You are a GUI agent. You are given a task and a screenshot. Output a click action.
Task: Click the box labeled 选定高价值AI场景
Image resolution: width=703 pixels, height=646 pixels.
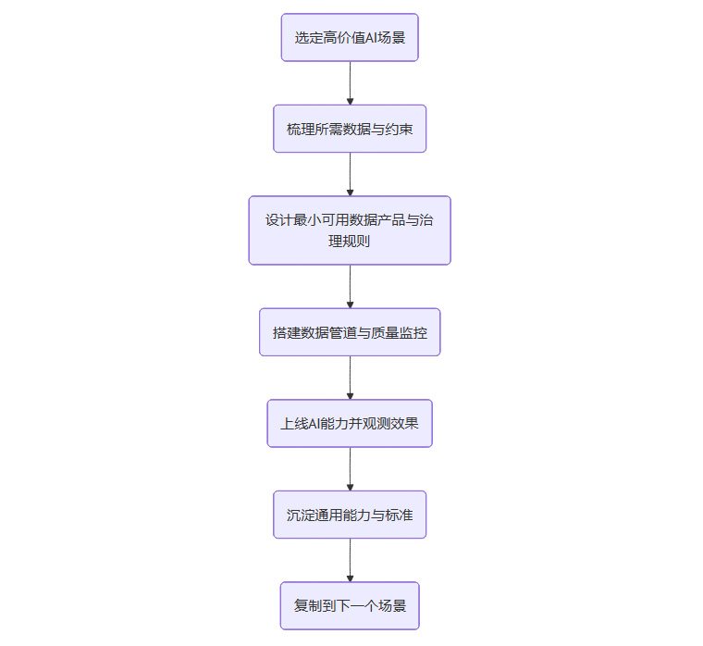[x=350, y=38]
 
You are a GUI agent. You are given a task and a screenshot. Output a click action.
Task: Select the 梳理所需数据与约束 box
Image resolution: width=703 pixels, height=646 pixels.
[x=350, y=129]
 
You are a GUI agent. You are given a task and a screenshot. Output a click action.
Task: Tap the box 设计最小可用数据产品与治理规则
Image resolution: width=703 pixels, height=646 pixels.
[x=350, y=230]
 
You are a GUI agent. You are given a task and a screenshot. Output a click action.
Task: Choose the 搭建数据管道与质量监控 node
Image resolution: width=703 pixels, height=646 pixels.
[x=350, y=332]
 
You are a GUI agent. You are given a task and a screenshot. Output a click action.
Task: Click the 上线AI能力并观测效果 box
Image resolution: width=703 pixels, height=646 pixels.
[x=350, y=424]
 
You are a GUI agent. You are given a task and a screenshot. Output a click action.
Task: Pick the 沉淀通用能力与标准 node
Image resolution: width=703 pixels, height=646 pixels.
[x=350, y=515]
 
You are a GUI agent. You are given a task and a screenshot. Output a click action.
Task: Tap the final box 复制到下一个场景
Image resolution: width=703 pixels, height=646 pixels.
[x=350, y=606]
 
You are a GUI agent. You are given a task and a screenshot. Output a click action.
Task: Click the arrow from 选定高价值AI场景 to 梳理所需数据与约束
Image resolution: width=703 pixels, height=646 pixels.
[x=350, y=83]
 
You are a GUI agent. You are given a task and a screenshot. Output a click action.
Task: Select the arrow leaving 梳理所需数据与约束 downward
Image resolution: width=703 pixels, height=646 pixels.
[x=350, y=174]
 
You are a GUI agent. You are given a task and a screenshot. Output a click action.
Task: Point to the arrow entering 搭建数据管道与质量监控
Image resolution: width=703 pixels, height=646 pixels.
[x=350, y=287]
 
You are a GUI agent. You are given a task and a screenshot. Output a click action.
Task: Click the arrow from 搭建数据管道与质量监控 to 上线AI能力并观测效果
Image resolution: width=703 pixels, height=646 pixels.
[x=350, y=378]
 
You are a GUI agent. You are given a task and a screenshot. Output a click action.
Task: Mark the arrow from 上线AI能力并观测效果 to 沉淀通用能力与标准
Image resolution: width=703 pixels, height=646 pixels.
[x=350, y=469]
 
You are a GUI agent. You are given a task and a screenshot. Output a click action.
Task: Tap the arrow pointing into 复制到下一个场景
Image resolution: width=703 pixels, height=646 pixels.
[x=350, y=560]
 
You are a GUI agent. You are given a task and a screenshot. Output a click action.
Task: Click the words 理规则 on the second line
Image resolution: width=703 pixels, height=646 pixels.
[x=350, y=242]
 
